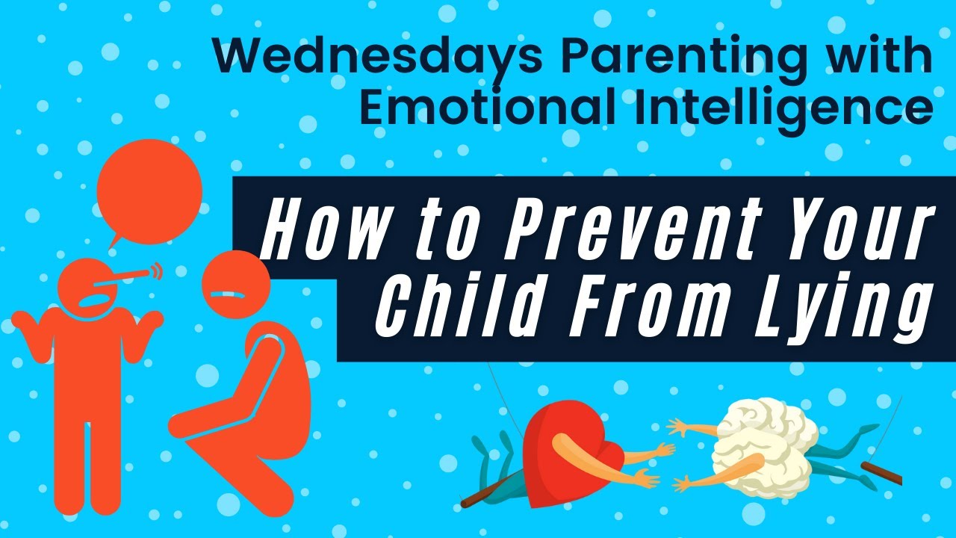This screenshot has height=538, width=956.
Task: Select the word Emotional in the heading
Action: (x=489, y=108)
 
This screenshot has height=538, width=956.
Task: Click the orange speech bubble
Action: (x=149, y=192)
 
